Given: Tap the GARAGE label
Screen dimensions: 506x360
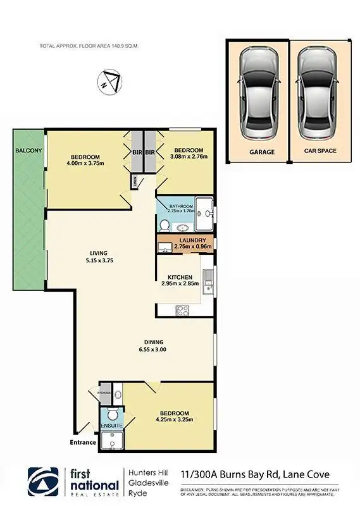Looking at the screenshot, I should point(261,152).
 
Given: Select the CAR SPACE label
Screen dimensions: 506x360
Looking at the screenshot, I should point(320,152).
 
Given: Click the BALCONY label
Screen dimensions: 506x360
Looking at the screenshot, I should point(28,151).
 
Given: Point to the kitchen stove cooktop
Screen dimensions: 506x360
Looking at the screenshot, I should point(182,310).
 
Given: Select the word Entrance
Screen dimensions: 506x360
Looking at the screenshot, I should point(83,442).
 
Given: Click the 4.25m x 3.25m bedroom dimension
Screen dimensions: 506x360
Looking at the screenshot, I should point(173,418).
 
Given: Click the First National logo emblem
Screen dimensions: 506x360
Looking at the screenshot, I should point(44,483).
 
